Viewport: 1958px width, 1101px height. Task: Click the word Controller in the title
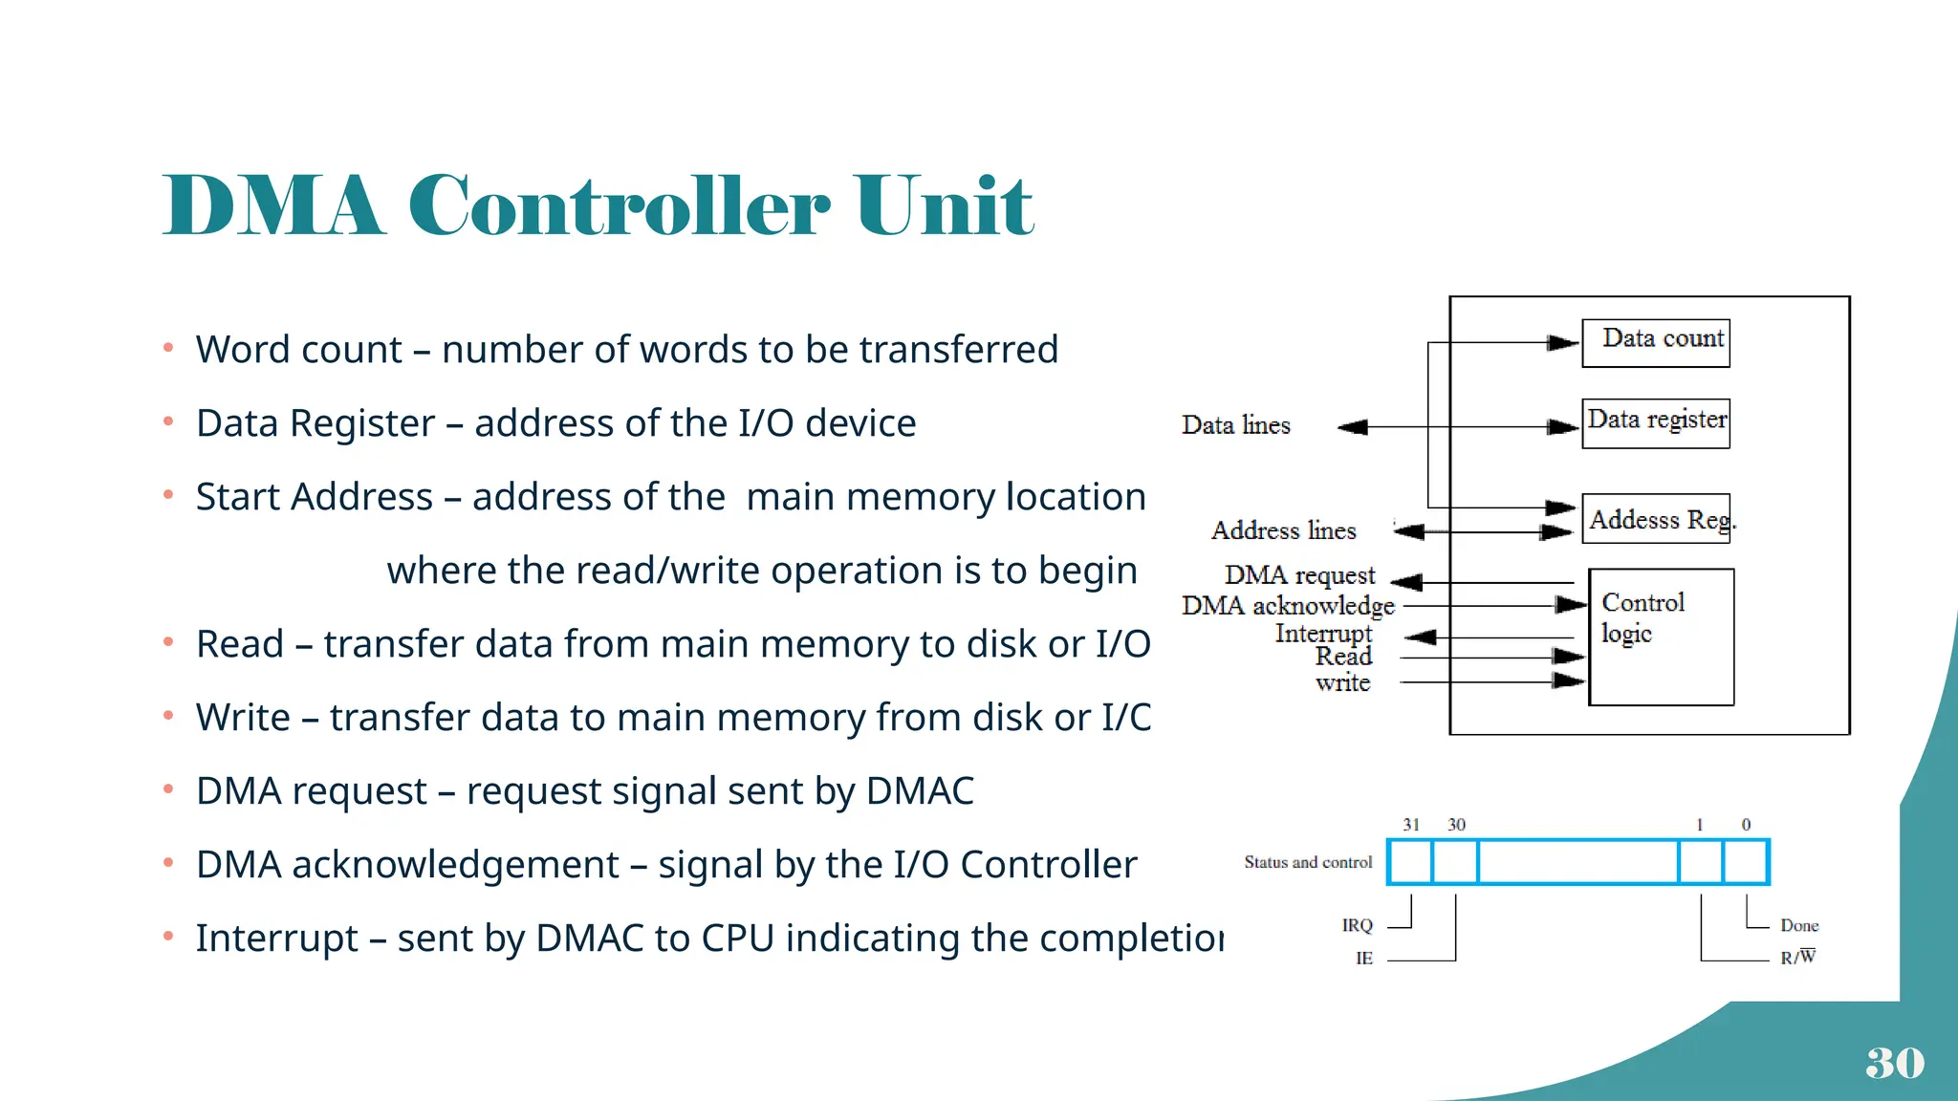click(620, 205)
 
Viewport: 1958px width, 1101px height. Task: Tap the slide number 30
click(1894, 1063)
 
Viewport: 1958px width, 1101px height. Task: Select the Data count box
click(1656, 342)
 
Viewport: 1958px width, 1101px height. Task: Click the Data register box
click(1656, 422)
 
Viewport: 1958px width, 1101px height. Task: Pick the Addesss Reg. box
click(1658, 519)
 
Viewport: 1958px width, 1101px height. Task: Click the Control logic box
click(1662, 637)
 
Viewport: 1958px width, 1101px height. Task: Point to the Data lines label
click(1235, 425)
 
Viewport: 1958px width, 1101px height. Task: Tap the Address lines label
click(1283, 530)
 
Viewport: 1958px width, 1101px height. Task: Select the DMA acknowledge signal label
click(1288, 606)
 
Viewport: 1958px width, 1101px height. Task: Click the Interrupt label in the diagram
click(1323, 633)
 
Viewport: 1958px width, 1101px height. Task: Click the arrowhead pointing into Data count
click(1562, 342)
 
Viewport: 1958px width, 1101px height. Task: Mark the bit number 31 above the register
click(1411, 825)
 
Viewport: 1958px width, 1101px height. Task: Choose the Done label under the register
click(1799, 925)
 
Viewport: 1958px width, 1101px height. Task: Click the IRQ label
click(1357, 925)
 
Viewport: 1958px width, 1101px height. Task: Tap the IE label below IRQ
click(1364, 958)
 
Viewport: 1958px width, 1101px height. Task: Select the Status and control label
click(1308, 862)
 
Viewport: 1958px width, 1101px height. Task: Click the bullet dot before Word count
click(168, 348)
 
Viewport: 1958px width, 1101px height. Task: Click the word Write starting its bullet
click(243, 718)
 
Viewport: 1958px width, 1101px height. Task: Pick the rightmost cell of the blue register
click(1746, 862)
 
